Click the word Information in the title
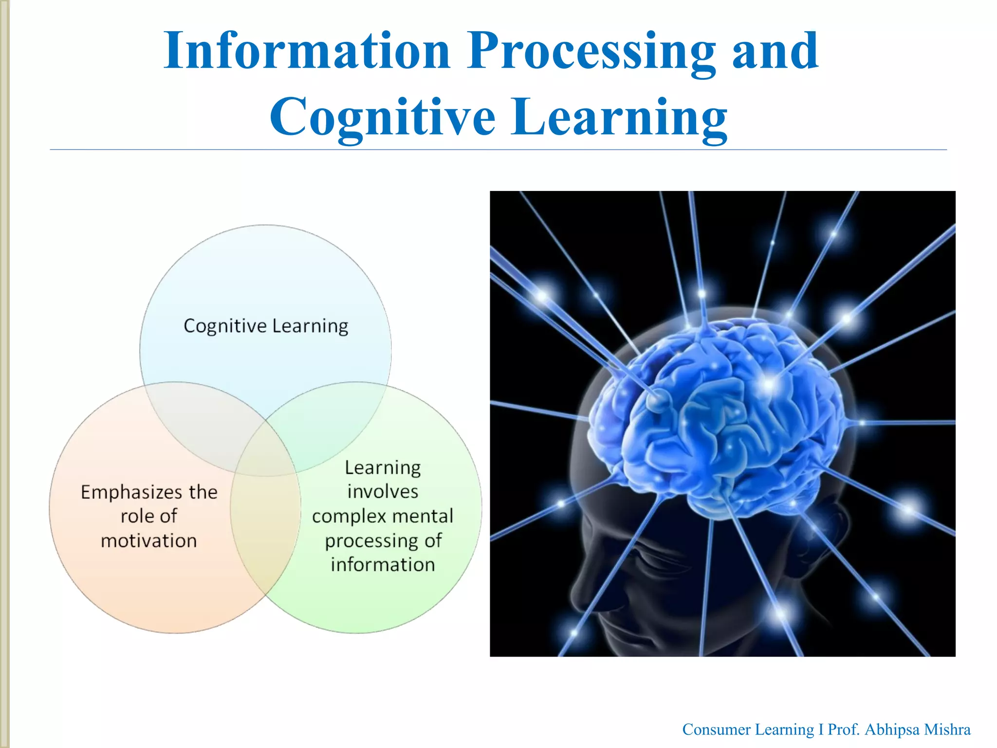307,51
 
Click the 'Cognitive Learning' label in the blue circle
266,326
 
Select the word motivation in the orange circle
148,541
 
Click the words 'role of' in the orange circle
148,516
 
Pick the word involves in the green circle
383,491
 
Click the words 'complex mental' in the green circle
383,516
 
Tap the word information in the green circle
383,565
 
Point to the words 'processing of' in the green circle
383,541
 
